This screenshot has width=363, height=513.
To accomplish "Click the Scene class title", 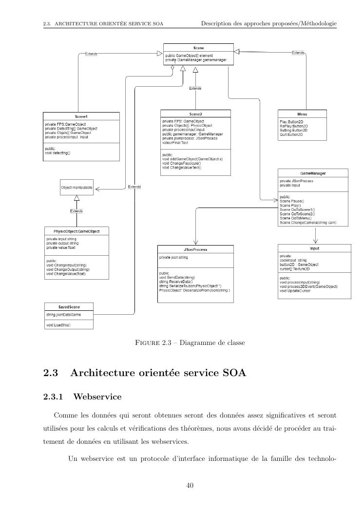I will click(198, 48).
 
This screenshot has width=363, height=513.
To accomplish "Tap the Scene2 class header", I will click(197, 114).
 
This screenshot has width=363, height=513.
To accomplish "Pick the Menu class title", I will click(302, 114).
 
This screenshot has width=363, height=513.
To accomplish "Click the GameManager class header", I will click(313, 173).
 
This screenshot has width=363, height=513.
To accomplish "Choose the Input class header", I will click(314, 247).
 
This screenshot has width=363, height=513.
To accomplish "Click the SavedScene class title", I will click(69, 307).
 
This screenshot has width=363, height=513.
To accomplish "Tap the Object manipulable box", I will click(76, 188).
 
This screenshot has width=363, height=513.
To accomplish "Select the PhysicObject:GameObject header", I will click(77, 231).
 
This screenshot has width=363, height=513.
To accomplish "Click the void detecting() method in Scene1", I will click(58, 153).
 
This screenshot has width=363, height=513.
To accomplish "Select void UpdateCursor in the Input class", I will click(295, 290).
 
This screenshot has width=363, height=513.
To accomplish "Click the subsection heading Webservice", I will click(97, 397).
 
